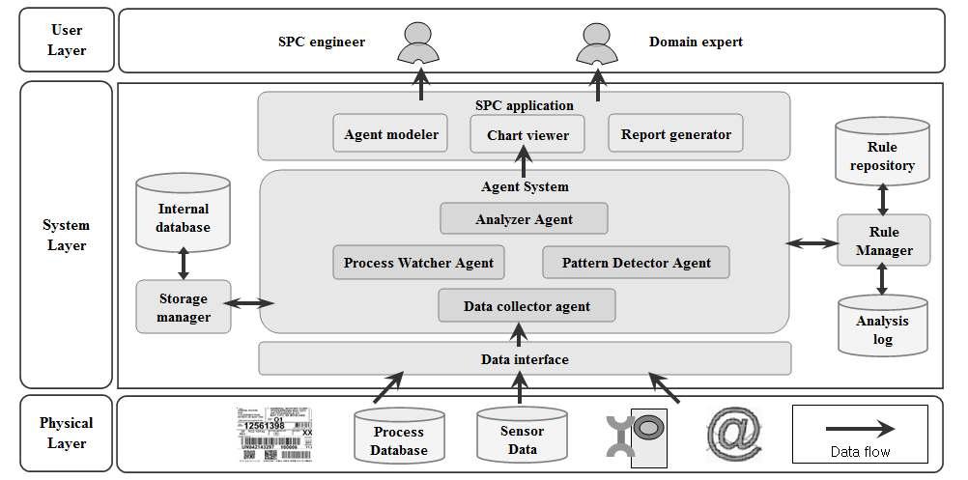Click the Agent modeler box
[x=391, y=134]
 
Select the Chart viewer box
[x=527, y=134]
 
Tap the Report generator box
[x=675, y=134]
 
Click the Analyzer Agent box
[x=524, y=219]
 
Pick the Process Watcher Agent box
[x=418, y=263]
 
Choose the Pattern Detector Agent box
[x=636, y=263]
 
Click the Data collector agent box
[x=527, y=306]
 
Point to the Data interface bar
[x=525, y=359]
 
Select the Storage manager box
[x=184, y=307]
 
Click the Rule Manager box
[x=883, y=240]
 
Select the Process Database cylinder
[x=400, y=438]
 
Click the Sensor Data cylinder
[x=522, y=438]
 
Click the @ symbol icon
[x=734, y=434]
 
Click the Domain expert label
[x=696, y=42]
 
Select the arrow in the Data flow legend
[x=860, y=427]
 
